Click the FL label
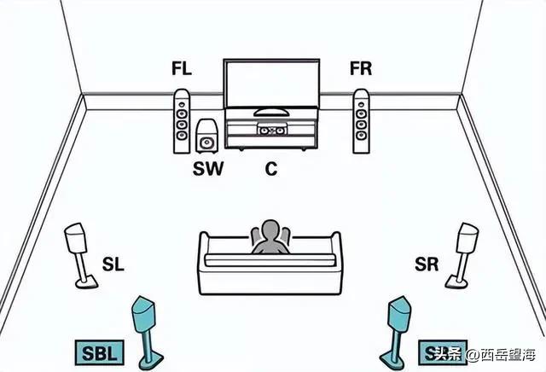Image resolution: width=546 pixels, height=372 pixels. (181, 69)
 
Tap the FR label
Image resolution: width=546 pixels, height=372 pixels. (361, 69)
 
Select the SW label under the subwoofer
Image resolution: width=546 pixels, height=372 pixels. (207, 169)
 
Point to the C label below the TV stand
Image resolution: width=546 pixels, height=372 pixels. (271, 169)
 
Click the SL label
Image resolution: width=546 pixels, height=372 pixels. (113, 265)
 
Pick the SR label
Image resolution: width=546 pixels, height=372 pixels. (427, 265)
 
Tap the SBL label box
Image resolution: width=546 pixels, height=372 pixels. (99, 352)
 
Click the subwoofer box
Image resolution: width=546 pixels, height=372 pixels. (206, 137)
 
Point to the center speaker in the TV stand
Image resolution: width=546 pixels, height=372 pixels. (271, 131)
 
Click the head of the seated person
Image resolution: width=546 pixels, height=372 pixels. (270, 232)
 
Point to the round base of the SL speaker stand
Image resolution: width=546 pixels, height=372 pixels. (85, 283)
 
